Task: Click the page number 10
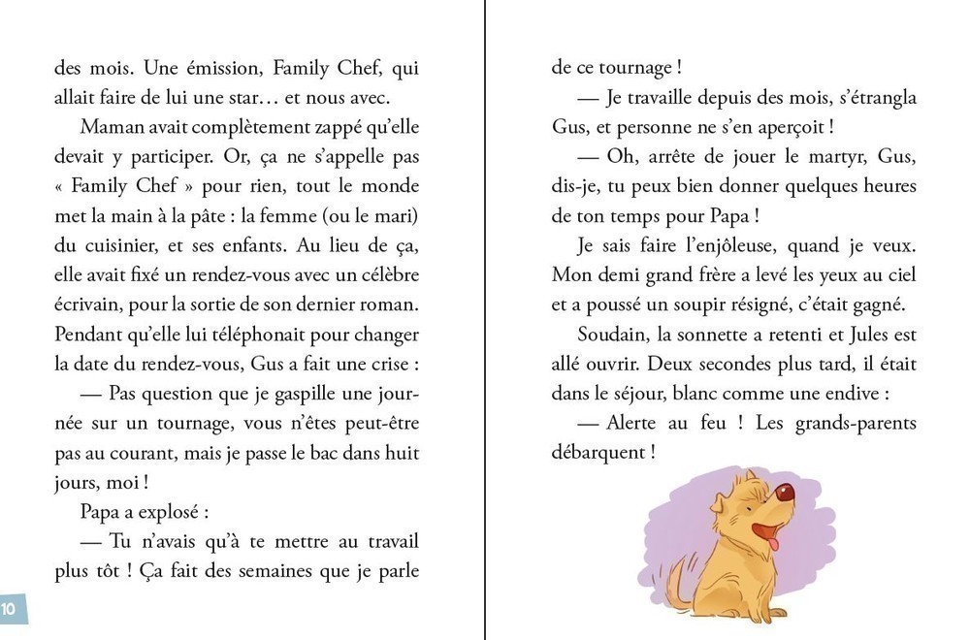coord(9,609)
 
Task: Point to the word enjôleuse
coord(735,245)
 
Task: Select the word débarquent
coord(594,452)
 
